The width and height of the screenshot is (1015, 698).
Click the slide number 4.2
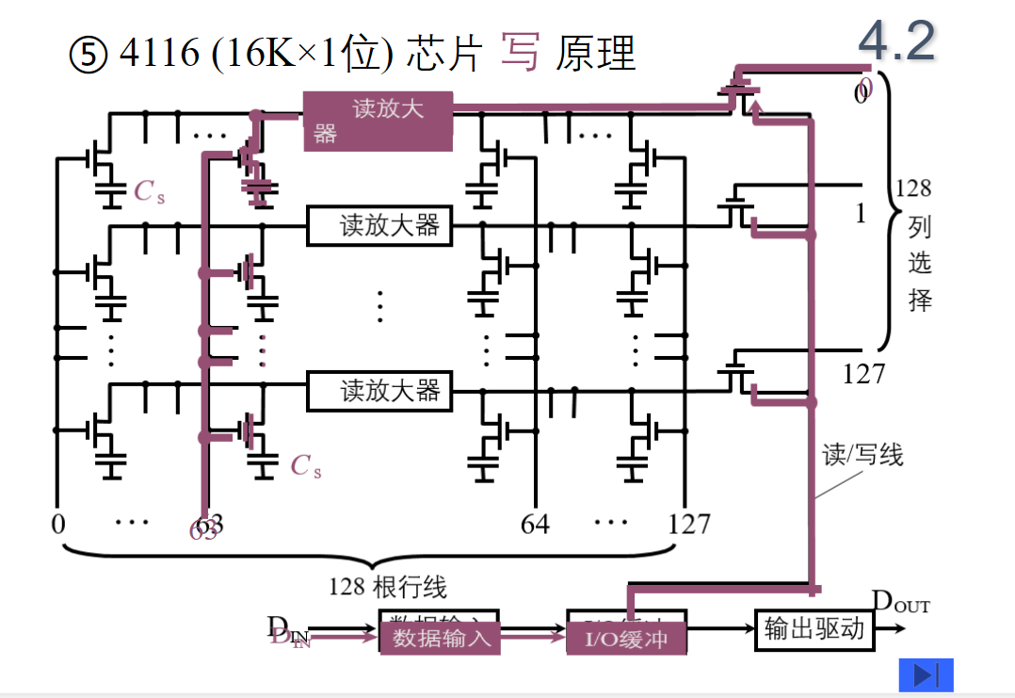pos(896,41)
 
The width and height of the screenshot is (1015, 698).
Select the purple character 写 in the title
pos(520,53)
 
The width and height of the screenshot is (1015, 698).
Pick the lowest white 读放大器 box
pos(379,390)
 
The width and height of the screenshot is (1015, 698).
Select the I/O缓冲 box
pos(627,638)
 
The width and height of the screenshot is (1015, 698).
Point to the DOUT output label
pos(900,602)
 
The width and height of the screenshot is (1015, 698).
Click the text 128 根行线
pos(387,588)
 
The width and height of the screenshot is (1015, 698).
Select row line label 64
pos(535,524)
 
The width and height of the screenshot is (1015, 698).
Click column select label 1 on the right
pos(860,215)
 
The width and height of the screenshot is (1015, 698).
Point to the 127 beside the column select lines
pos(862,374)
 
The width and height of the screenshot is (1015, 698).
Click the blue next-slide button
pos(926,674)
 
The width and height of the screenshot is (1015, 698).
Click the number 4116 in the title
pos(159,55)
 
